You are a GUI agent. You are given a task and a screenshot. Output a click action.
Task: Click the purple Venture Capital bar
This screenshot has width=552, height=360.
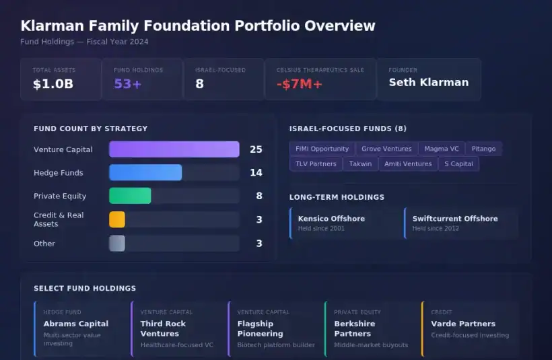click(174, 149)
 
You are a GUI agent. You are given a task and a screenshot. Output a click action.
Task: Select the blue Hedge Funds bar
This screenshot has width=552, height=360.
click(145, 173)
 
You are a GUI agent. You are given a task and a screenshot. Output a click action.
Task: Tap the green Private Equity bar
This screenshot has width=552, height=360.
click(130, 196)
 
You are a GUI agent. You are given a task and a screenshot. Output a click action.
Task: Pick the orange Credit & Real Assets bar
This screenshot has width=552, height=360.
click(117, 219)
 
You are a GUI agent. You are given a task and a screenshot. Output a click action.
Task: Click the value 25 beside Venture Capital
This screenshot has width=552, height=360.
click(256, 149)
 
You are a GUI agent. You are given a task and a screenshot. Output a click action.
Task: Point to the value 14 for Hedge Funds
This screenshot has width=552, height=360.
click(256, 173)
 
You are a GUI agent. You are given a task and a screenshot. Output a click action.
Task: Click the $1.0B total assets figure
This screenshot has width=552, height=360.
click(53, 84)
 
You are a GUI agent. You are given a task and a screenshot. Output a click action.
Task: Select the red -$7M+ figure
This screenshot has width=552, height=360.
click(299, 84)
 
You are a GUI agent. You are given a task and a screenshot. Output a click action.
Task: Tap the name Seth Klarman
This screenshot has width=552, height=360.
click(428, 82)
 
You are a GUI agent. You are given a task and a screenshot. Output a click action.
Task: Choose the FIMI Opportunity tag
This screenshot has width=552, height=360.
click(322, 149)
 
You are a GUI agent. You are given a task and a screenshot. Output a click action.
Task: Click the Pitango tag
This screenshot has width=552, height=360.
click(483, 149)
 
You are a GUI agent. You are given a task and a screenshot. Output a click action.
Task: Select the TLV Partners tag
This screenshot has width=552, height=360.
click(316, 164)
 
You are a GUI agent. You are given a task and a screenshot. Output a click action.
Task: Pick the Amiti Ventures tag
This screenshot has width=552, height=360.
click(408, 164)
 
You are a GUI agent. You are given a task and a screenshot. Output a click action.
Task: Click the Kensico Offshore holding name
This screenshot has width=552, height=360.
click(331, 219)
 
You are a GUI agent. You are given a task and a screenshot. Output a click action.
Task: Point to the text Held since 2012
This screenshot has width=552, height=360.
click(436, 229)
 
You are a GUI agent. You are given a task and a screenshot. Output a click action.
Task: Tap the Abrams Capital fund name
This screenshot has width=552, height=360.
click(75, 324)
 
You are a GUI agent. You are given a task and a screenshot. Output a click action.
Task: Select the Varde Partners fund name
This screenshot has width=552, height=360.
click(463, 324)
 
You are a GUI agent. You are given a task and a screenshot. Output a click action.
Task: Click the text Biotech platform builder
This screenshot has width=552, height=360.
click(276, 345)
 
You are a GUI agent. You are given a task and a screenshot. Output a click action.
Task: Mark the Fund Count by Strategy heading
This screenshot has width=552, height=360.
click(90, 129)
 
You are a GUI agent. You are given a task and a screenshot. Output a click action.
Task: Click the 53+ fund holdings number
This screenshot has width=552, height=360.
click(128, 84)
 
